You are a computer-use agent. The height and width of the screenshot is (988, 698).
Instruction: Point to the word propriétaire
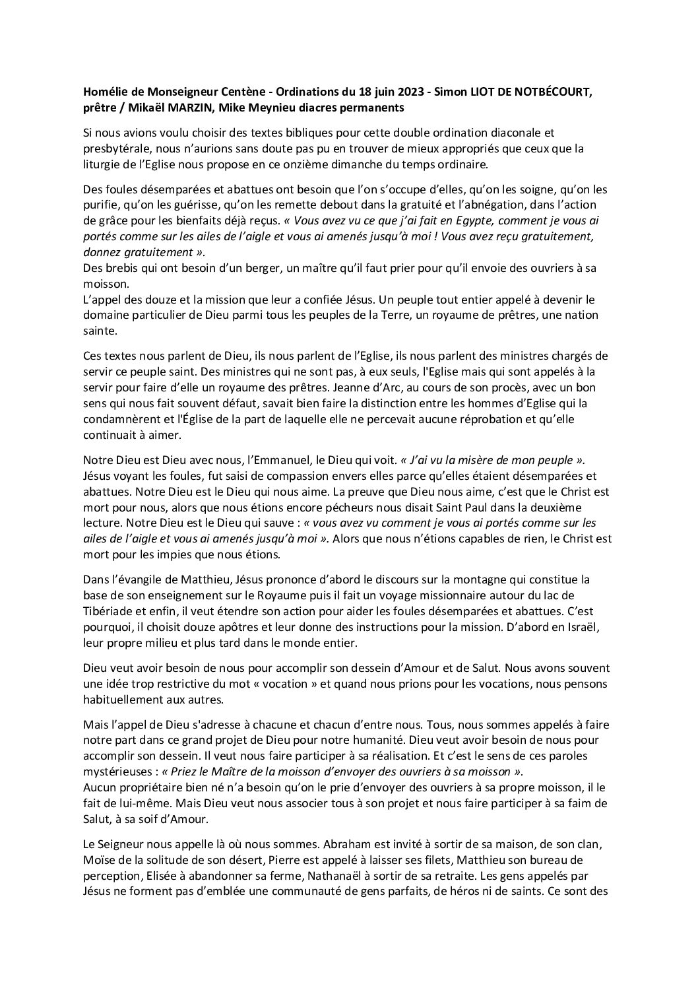click(x=144, y=787)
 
